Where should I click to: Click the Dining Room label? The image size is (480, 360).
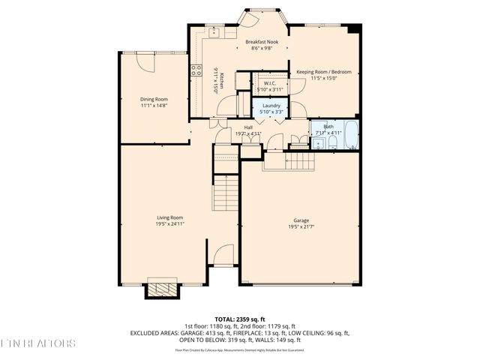click(x=154, y=99)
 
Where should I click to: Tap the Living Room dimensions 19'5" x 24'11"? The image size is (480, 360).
click(x=169, y=223)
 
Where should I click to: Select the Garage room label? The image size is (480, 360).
click(x=301, y=220)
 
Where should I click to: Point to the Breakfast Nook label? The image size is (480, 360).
click(x=262, y=42)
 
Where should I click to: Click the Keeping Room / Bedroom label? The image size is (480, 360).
click(x=324, y=72)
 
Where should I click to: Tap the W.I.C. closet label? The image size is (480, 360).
click(x=271, y=83)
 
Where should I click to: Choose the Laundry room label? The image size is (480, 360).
click(x=271, y=106)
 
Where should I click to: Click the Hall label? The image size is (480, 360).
click(x=247, y=127)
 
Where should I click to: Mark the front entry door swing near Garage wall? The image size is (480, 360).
click(x=223, y=255)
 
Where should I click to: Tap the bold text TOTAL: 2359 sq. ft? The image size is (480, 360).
click(x=240, y=319)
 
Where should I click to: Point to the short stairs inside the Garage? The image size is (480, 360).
click(x=289, y=159)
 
